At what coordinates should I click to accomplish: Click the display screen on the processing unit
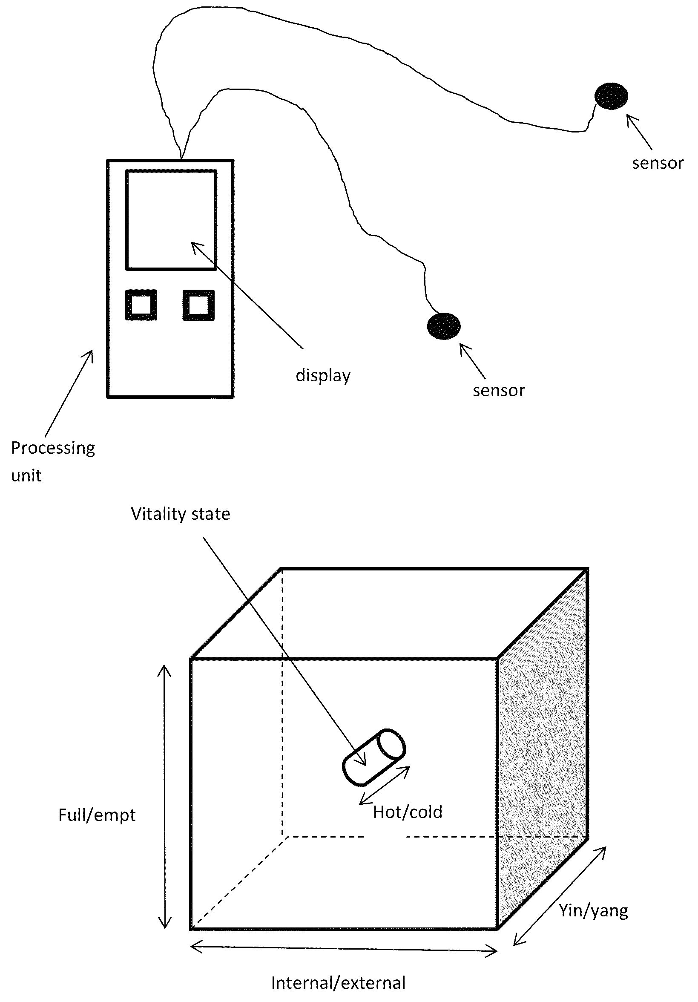[x=171, y=220]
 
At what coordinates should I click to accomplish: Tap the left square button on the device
[x=141, y=305]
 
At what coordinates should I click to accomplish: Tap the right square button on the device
[x=198, y=305]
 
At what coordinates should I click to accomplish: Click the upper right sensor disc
[x=612, y=96]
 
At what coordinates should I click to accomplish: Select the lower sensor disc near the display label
[x=444, y=326]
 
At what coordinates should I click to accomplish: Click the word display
[x=323, y=376]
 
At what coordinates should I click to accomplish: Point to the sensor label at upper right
[x=658, y=163]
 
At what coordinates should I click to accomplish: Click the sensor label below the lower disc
[x=499, y=391]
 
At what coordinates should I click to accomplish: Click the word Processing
[x=53, y=448]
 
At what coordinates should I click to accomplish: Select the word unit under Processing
[x=26, y=475]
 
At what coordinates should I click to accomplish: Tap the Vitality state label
[x=181, y=514]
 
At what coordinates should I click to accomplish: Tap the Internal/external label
[x=339, y=983]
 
